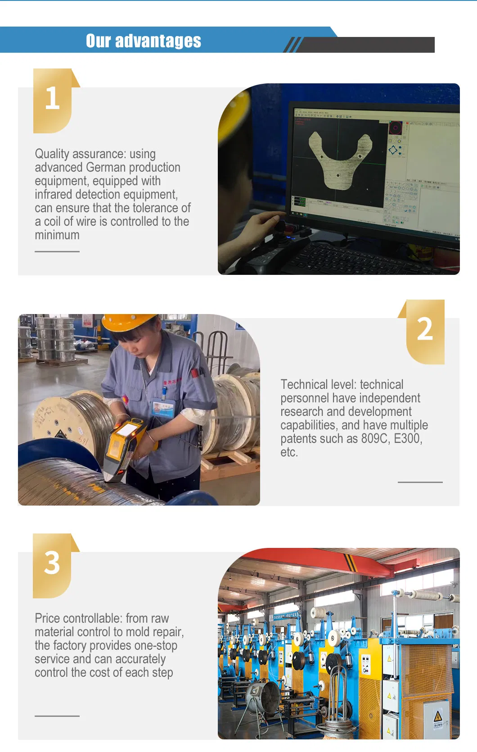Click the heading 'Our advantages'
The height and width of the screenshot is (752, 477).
pos(143,41)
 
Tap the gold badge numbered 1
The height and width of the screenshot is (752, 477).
pos(53,100)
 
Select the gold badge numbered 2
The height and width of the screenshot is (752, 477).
pos(425,331)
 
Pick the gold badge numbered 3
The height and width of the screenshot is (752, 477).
pos(52,565)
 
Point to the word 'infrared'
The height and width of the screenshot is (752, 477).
pos(54,195)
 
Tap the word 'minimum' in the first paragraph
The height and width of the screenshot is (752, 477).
pos(57,235)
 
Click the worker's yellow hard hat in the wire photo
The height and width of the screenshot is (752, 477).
pos(128,323)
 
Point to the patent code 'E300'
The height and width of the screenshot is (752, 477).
pos(407,439)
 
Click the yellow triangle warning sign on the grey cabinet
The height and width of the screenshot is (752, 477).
pos(437,716)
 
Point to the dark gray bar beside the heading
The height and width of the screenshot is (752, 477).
pos(367,45)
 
